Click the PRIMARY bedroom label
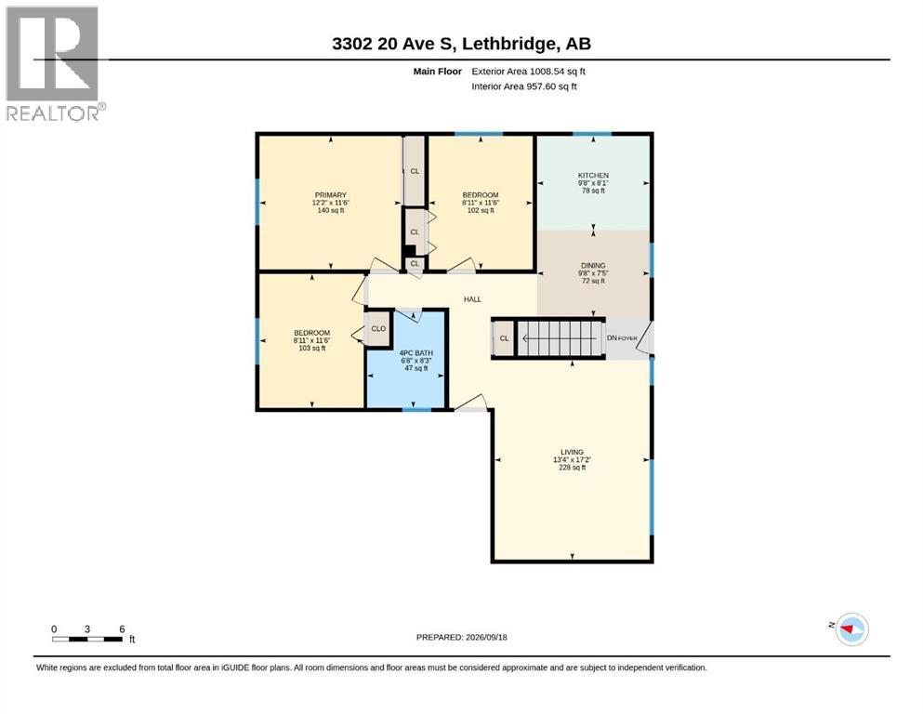(x=330, y=195)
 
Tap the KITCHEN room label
(x=593, y=176)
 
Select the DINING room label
(x=593, y=266)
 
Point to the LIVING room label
(x=573, y=452)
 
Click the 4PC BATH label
(x=416, y=353)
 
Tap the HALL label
(x=472, y=299)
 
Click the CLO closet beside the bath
(x=378, y=328)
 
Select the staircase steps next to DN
(x=560, y=338)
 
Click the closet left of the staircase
(x=504, y=338)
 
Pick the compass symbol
(x=851, y=629)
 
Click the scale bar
(x=87, y=639)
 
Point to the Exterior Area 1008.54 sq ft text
(x=528, y=72)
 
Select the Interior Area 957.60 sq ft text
(x=524, y=86)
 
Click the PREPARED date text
(x=461, y=637)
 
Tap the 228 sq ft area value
(x=573, y=468)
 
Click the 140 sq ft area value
(x=330, y=210)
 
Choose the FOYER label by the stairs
(x=627, y=338)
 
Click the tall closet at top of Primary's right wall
(x=415, y=171)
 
